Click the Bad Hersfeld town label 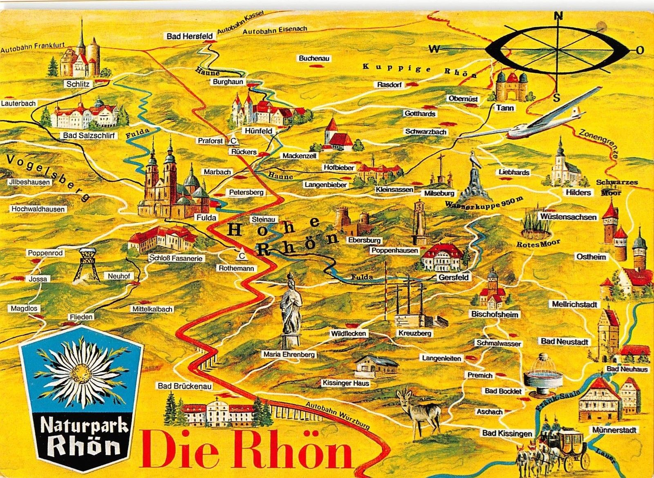[190, 36]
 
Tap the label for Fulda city [206, 217]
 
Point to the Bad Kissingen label [507, 433]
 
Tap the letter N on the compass [558, 16]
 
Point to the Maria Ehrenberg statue [291, 310]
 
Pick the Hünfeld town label [259, 131]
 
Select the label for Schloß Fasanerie [176, 258]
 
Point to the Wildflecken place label [348, 333]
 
